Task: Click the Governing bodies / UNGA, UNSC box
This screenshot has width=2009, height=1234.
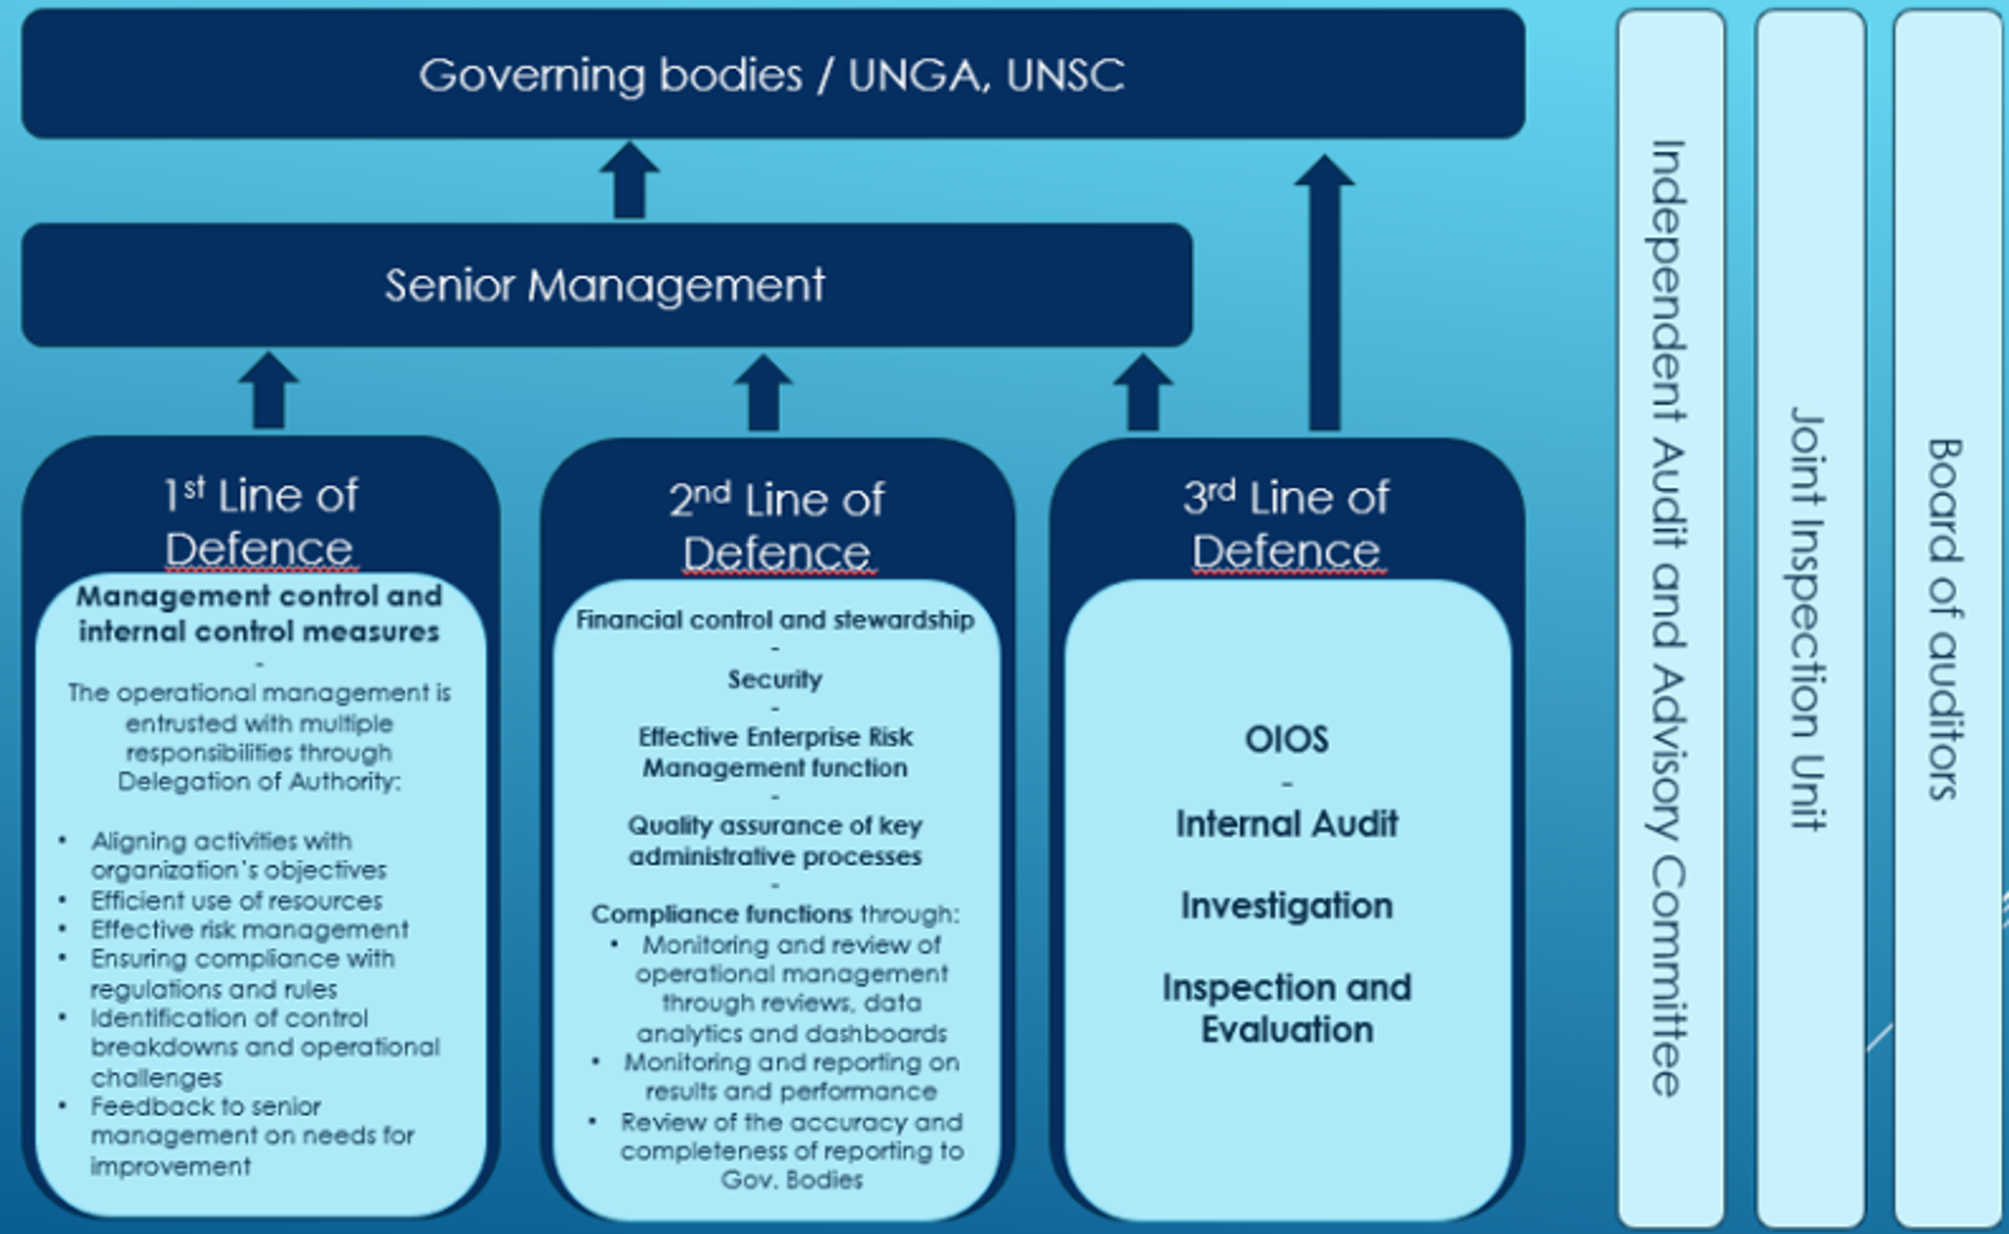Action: (x=772, y=74)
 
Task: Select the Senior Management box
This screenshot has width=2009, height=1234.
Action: (x=606, y=285)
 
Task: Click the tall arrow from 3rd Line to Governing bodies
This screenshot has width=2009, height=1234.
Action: (x=1324, y=294)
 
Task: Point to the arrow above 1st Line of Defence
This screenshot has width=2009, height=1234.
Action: (x=268, y=392)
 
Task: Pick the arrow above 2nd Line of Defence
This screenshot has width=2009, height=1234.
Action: (x=763, y=393)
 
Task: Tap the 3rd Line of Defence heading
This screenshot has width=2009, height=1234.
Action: (x=1286, y=523)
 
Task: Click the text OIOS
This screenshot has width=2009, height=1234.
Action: (x=1286, y=739)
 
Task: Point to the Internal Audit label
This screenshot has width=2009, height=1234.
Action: (x=1286, y=824)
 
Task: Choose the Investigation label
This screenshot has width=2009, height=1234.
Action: (x=1286, y=906)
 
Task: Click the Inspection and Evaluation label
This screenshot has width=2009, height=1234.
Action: (x=1286, y=1008)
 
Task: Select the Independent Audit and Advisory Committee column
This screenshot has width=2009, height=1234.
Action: (x=1670, y=618)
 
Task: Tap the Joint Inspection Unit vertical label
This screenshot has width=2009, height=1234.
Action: (x=1809, y=618)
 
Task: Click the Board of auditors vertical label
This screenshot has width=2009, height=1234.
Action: (x=1946, y=618)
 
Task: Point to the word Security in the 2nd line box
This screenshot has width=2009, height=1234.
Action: (x=775, y=679)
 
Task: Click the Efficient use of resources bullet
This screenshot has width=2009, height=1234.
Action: (x=236, y=900)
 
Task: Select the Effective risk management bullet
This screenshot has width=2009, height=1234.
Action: (x=249, y=930)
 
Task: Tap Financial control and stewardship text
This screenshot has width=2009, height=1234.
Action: (x=775, y=620)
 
